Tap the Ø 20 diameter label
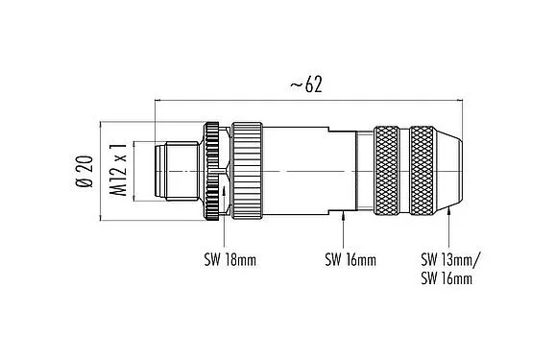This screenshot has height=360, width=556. pyautogui.click(x=84, y=170)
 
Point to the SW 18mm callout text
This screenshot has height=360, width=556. pyautogui.click(x=228, y=259)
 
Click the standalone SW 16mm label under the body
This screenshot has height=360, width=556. pyautogui.click(x=349, y=259)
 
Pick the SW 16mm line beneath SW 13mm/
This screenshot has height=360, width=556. pyautogui.click(x=447, y=278)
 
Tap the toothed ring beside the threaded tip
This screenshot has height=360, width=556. pyautogui.click(x=210, y=170)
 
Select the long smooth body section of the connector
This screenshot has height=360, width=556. pyautogui.click(x=298, y=170)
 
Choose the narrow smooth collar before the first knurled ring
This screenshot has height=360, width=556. pyautogui.click(x=364, y=170)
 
